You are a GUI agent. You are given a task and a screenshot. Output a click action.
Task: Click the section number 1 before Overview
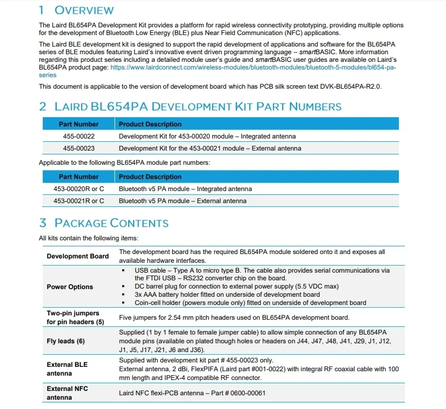42,10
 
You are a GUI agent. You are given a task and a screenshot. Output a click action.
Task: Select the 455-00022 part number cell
78,136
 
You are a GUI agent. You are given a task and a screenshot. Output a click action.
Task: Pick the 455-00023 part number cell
78,148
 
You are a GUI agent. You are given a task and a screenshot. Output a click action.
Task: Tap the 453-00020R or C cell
78,189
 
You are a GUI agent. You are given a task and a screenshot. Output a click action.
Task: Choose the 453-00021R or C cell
78,201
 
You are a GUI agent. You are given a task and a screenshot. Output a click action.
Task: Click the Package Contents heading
111,223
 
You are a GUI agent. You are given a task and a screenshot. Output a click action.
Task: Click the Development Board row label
78,256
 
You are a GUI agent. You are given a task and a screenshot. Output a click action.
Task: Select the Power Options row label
70,287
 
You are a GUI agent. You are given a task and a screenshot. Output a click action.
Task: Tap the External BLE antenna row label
67,368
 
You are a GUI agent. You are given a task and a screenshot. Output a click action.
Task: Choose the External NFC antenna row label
67,393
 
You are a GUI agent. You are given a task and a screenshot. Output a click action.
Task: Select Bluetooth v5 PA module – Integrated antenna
185,189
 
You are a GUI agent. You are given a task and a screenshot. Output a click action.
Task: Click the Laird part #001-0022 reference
253,368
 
